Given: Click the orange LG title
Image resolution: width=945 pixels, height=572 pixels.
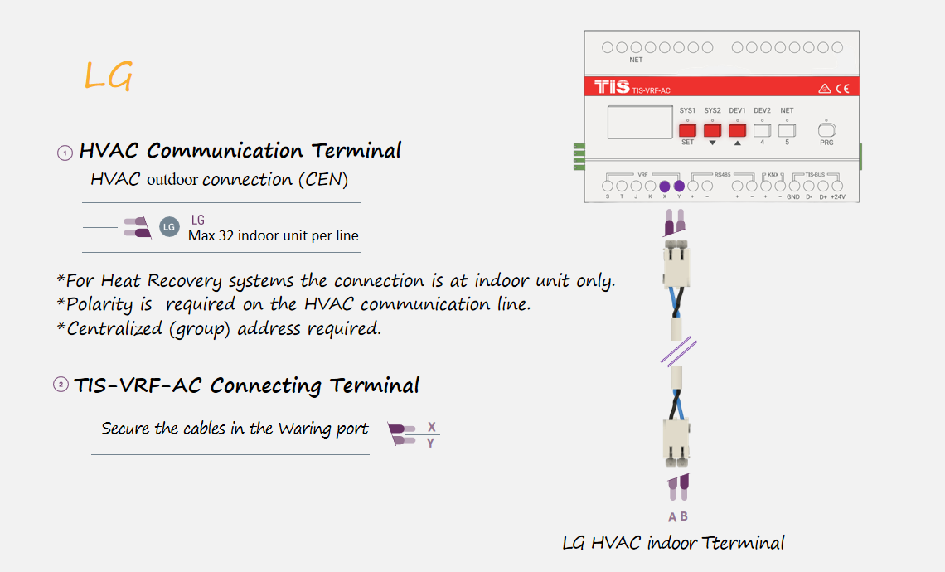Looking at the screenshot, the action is (108, 75).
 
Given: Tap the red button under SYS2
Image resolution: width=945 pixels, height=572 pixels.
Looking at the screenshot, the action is (712, 130).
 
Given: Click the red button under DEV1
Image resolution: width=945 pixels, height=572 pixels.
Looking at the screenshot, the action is (737, 130).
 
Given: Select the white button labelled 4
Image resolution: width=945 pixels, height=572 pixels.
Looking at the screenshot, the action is (762, 130).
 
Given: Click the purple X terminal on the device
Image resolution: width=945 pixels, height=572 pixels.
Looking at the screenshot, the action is (665, 187).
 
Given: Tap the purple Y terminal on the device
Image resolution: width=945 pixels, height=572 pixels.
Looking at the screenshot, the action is (679, 187).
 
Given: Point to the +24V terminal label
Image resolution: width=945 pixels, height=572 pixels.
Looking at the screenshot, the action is (838, 197).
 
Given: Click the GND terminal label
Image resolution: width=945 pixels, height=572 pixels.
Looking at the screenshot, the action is (793, 197).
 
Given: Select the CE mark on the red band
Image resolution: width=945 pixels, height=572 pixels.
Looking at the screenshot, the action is (842, 89).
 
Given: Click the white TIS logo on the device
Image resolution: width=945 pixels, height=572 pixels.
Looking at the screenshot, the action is (612, 87).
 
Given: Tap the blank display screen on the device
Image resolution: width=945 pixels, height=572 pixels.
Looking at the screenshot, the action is (640, 123).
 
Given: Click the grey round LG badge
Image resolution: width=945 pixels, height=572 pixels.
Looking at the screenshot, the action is (169, 226).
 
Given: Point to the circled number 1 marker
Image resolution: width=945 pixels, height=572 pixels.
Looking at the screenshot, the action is (65, 153).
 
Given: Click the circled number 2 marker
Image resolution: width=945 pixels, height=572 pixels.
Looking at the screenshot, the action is (61, 384).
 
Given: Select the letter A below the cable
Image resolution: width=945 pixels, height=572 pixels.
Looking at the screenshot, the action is (672, 517).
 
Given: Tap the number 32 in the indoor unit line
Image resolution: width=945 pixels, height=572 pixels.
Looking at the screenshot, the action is (226, 235).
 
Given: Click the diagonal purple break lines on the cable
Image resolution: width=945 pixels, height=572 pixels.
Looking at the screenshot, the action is (679, 352).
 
